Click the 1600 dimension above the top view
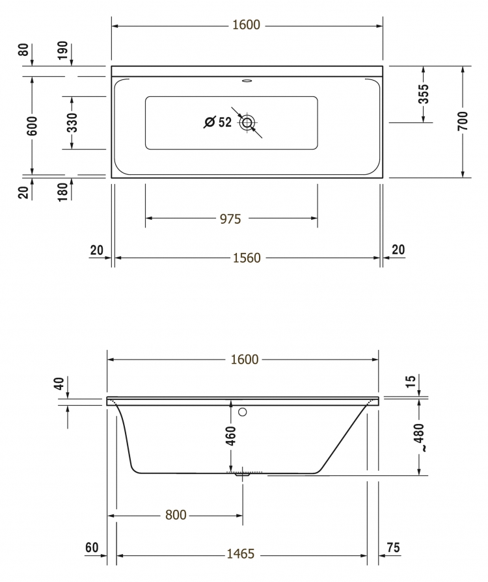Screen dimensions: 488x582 click(246, 25)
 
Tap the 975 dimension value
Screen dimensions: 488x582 click(230, 219)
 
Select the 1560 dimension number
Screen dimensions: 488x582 click(247, 258)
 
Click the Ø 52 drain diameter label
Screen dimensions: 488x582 click(218, 122)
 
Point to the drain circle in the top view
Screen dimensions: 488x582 click(247, 122)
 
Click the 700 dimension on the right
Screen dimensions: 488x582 click(463, 121)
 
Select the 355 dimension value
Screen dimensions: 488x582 click(424, 94)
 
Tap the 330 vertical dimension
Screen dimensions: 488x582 click(72, 122)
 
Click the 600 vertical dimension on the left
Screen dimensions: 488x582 click(32, 126)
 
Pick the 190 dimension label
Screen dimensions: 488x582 click(62, 50)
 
